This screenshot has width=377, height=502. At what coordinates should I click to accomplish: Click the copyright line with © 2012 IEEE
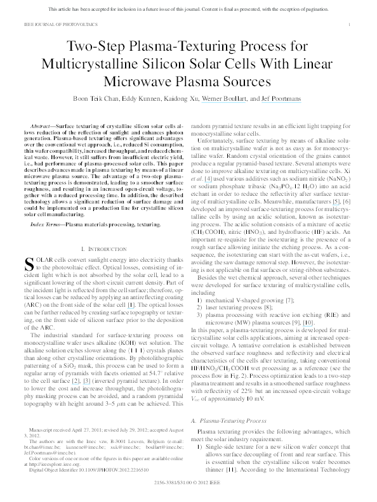pyautogui.click(x=189, y=481)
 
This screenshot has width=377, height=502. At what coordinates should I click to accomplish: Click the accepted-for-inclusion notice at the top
pyautogui.click(x=188, y=11)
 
